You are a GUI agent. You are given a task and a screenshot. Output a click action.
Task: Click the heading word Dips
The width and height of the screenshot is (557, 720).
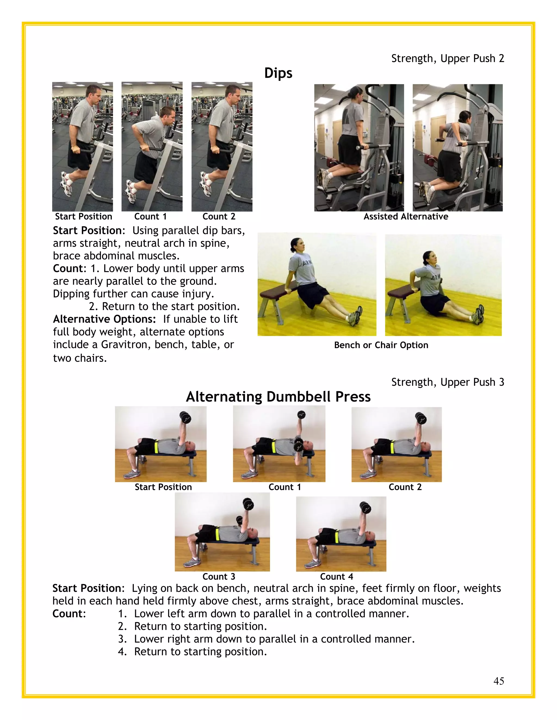tap(278, 73)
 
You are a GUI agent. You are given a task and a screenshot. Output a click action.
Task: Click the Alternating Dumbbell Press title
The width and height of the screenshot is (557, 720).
tap(278, 397)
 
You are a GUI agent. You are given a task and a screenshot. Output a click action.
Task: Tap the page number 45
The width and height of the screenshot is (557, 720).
tap(499, 681)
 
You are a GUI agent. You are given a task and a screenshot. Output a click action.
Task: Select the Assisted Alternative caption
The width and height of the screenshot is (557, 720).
tap(406, 217)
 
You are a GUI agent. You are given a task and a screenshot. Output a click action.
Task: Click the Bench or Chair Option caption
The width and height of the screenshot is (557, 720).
tap(381, 345)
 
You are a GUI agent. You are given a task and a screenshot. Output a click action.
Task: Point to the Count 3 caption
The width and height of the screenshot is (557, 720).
tap(219, 577)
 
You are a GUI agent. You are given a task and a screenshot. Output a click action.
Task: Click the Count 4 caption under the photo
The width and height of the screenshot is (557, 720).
tap(336, 577)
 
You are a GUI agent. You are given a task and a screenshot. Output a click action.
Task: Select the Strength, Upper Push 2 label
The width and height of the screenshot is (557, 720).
tap(447, 58)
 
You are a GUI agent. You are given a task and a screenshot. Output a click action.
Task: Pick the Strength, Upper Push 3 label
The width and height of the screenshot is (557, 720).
tap(447, 382)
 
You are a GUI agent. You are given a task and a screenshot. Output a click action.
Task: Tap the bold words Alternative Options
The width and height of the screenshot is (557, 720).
tap(104, 319)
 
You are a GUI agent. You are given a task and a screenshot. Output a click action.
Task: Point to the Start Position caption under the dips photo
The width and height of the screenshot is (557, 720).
tap(83, 217)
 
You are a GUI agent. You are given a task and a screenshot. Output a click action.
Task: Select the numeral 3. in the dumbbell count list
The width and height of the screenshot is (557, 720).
tap(122, 639)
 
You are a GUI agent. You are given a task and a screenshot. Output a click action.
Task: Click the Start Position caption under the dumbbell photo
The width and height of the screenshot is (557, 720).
tap(163, 487)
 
